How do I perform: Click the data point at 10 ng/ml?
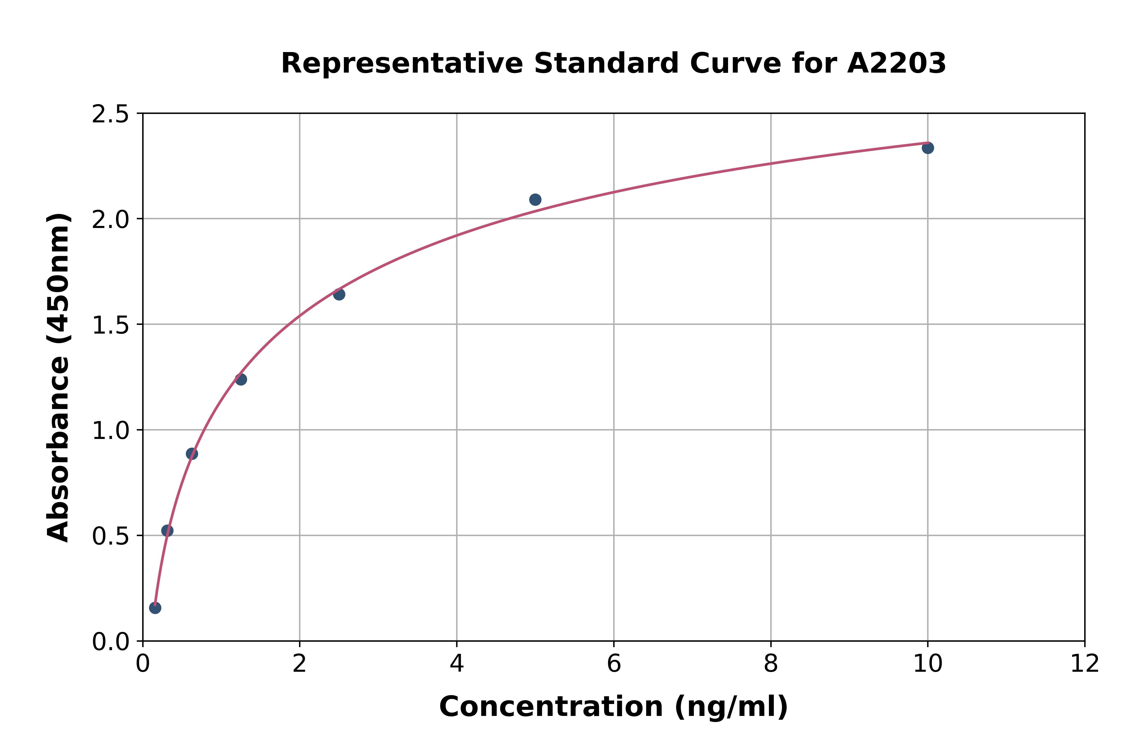pos(928,147)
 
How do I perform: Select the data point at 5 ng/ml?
pos(535,200)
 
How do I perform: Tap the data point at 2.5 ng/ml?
pos(339,294)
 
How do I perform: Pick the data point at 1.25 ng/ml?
pos(241,379)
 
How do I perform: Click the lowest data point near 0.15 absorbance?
pos(155,608)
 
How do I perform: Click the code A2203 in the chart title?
pos(896,63)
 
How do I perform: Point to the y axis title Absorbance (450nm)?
pos(59,378)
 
